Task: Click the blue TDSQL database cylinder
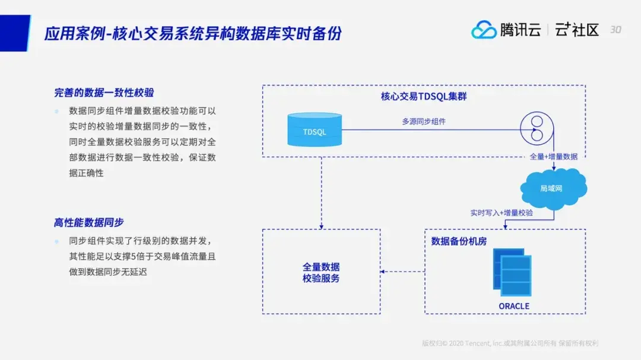tap(314, 130)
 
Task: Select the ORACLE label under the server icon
tap(514, 306)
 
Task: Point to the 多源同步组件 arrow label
tap(424, 122)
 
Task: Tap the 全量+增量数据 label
tap(554, 157)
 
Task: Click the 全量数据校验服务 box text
tap(321, 273)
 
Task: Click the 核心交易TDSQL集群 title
tap(424, 96)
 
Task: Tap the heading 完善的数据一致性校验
tap(104, 93)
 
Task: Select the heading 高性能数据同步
tap(89, 222)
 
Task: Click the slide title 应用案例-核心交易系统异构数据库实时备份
tap(193, 33)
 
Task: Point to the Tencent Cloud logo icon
tap(484, 30)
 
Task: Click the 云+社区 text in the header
tap(577, 30)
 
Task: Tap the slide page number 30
tap(615, 30)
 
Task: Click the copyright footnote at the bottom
tap(510, 343)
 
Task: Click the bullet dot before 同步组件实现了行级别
tap(56, 241)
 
